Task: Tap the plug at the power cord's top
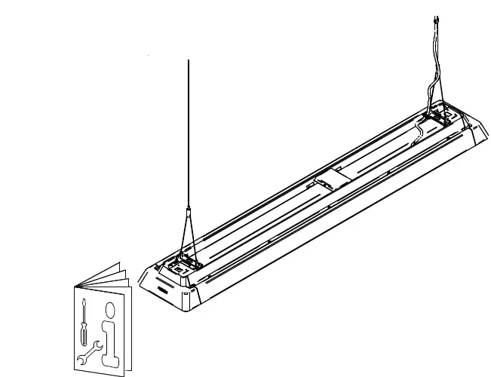437,21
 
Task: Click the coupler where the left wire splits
187,214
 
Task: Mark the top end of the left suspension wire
187,59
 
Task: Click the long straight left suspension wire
187,136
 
